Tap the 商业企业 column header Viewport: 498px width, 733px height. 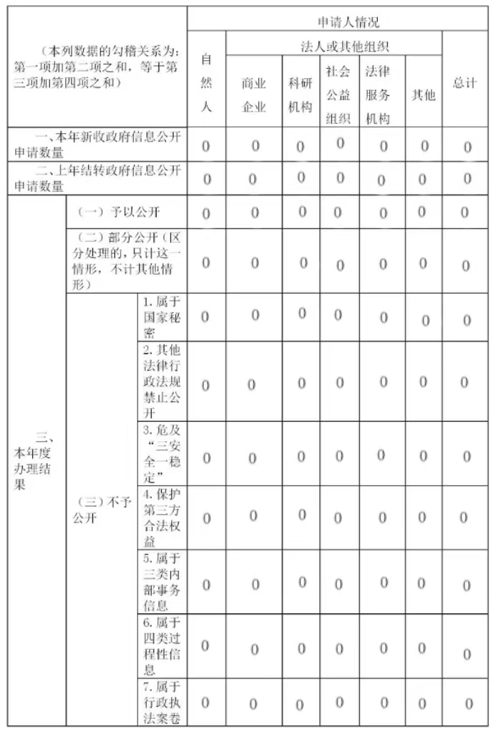[x=253, y=95]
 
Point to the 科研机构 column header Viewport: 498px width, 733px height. [x=301, y=95]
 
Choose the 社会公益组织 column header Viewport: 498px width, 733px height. [x=338, y=94]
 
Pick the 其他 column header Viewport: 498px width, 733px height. [x=423, y=94]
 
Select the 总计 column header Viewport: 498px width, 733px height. [x=465, y=83]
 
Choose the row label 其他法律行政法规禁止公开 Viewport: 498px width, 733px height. [x=161, y=382]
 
